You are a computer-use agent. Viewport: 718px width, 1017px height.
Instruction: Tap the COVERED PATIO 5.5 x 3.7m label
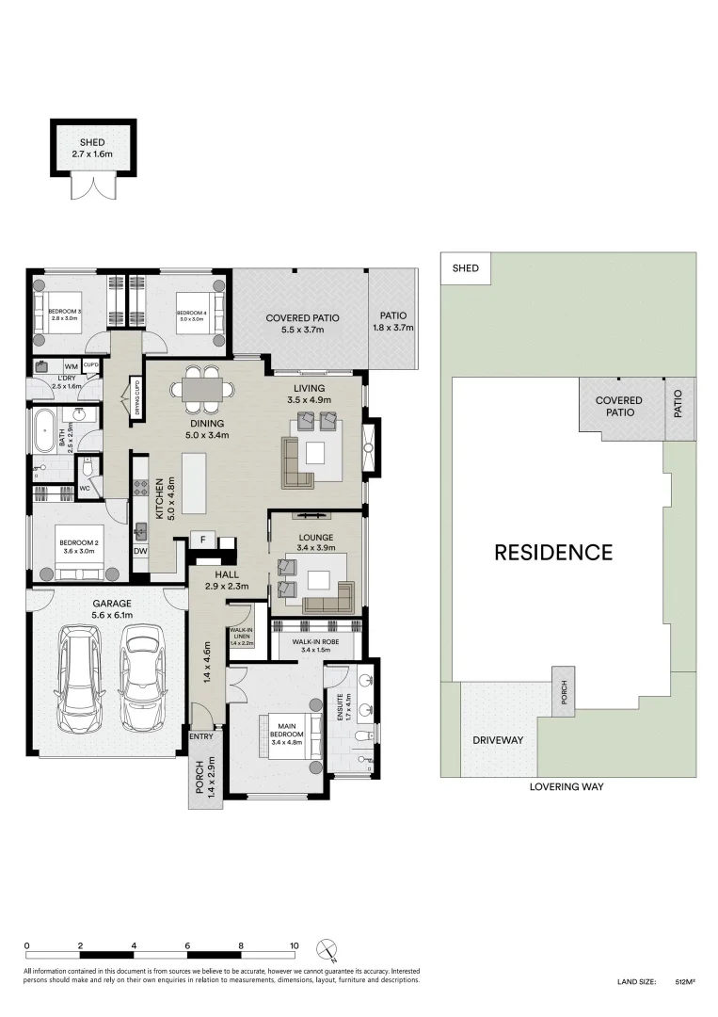[302, 324]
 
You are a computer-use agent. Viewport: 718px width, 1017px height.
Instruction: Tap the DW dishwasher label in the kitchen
[140, 552]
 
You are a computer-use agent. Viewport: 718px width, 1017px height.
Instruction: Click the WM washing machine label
[71, 366]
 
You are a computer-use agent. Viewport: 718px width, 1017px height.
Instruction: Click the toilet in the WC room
[88, 468]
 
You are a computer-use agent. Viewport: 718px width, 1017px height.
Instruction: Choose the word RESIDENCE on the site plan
[553, 553]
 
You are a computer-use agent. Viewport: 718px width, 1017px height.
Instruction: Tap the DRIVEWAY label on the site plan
[498, 740]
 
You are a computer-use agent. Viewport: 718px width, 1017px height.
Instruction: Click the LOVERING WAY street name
[566, 786]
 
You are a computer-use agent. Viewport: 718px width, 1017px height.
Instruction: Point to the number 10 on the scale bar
[295, 945]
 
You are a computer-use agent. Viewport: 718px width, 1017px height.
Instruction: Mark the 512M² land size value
[684, 982]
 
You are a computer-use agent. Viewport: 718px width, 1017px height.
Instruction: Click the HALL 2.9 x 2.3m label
[225, 579]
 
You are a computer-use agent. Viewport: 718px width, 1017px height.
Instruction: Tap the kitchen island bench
[194, 482]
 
